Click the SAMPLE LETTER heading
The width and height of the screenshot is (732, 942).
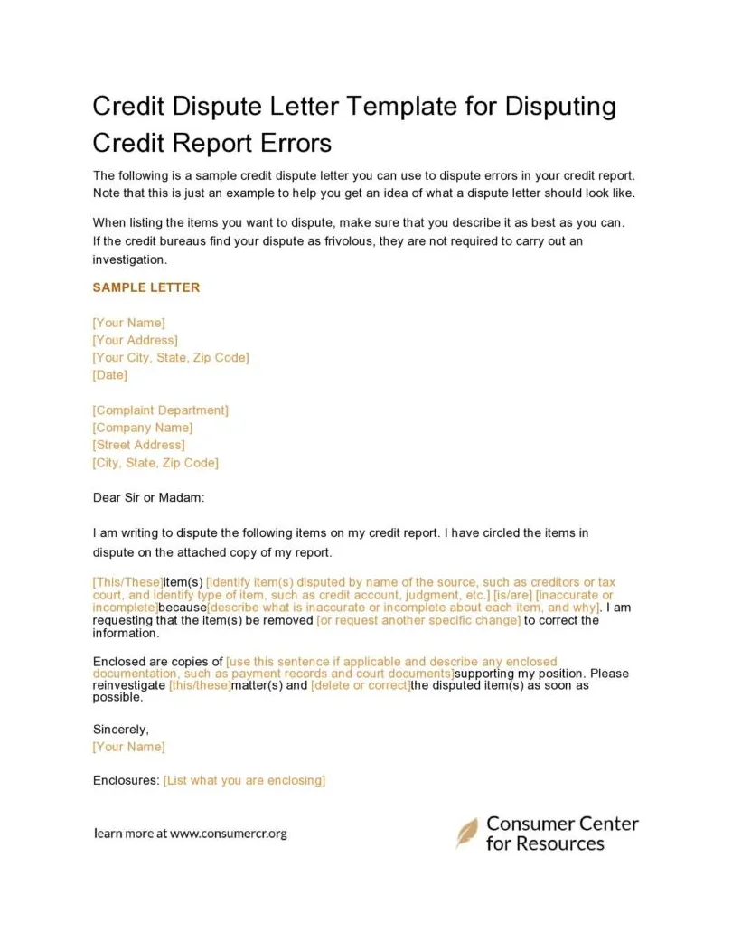(146, 287)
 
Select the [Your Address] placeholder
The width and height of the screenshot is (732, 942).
(136, 340)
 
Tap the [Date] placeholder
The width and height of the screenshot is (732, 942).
(110, 375)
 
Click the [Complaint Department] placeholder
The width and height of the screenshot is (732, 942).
(161, 410)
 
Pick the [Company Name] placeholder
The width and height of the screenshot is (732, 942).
(143, 428)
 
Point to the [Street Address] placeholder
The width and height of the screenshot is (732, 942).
(139, 445)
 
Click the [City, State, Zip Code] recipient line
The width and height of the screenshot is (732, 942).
(155, 463)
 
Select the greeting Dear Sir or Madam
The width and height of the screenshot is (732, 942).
(149, 497)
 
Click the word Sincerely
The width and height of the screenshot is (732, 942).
(121, 729)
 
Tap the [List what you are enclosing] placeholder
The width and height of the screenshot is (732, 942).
(244, 780)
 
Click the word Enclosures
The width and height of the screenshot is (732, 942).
(126, 780)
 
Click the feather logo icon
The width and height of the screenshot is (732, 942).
(467, 833)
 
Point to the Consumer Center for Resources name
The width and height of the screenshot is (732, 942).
(561, 834)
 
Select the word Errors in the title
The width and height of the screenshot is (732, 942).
(297, 143)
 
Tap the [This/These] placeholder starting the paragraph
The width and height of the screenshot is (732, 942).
(127, 583)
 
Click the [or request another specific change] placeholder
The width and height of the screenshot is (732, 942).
(418, 621)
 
